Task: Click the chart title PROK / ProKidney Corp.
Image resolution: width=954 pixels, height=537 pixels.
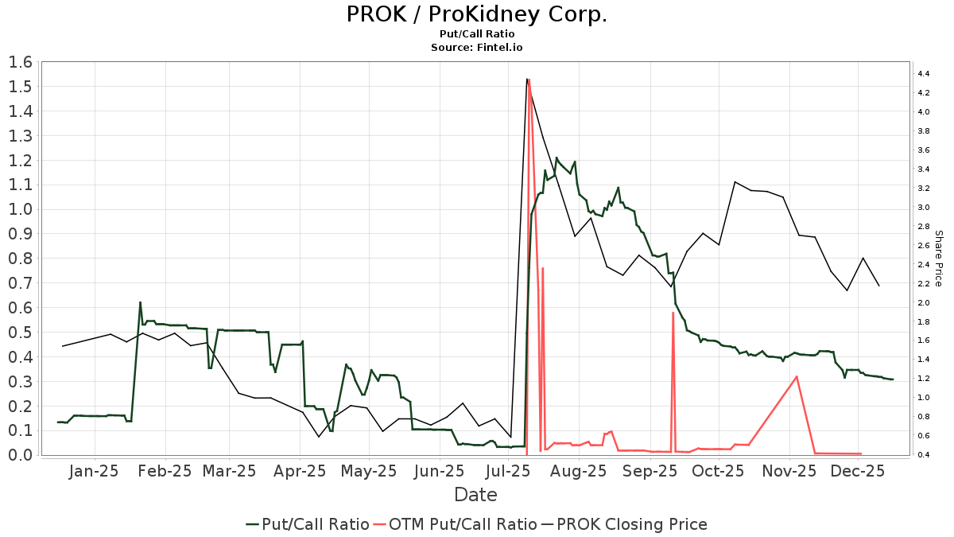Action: click(476, 14)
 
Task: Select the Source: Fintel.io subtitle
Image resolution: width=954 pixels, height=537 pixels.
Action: click(476, 47)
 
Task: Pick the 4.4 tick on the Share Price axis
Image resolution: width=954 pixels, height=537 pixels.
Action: click(924, 74)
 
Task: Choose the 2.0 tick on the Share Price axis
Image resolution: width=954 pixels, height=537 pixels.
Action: click(924, 303)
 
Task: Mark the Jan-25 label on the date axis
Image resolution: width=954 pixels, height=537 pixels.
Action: click(94, 471)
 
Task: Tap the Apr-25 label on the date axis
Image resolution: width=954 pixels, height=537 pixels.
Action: click(301, 471)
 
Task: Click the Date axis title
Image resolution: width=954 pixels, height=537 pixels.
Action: click(475, 495)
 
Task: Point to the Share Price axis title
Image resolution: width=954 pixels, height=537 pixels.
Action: click(938, 259)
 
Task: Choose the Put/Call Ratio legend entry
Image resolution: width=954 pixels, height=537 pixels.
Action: click(308, 524)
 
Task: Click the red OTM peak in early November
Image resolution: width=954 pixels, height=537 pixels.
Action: click(797, 376)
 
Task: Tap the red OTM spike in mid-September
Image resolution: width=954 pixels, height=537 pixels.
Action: click(673, 313)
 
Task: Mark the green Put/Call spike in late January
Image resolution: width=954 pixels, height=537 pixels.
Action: click(140, 302)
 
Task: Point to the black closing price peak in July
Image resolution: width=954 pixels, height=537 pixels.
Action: click(527, 79)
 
